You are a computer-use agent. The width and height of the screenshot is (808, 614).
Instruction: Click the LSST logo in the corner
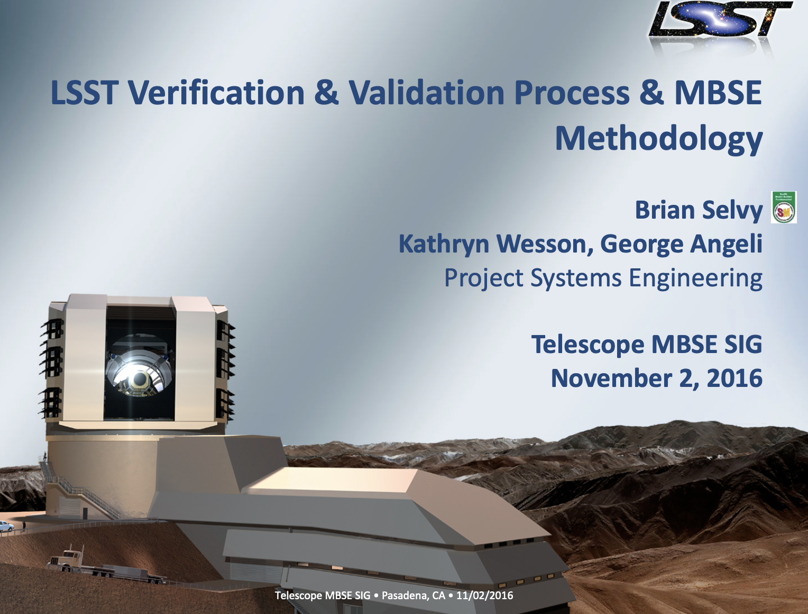(x=720, y=21)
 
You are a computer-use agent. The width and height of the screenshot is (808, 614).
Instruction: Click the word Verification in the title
(x=216, y=93)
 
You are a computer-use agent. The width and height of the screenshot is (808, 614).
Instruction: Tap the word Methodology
(x=658, y=139)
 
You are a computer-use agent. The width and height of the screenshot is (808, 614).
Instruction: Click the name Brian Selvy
(x=699, y=210)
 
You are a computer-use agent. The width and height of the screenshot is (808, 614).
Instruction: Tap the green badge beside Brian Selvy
(x=784, y=207)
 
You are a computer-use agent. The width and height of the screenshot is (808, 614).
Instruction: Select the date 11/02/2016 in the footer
(x=484, y=595)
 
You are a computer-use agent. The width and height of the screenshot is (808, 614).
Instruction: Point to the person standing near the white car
(x=24, y=526)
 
